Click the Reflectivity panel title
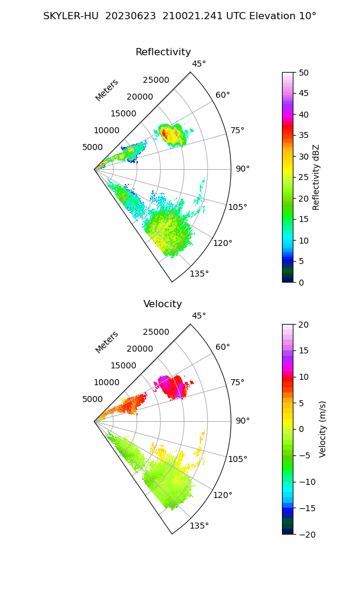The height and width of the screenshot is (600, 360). [x=163, y=52]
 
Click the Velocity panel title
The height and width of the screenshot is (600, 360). [x=163, y=304]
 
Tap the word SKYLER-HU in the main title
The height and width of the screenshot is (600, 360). [x=71, y=16]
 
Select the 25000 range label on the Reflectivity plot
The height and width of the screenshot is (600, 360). [x=156, y=80]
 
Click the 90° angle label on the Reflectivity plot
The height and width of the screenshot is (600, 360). [x=242, y=169]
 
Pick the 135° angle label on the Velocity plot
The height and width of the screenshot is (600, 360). [x=199, y=526]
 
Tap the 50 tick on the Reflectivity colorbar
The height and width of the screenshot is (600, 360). [x=304, y=73]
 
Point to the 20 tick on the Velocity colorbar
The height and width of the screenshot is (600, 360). [x=304, y=325]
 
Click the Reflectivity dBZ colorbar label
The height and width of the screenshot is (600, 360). [x=316, y=177]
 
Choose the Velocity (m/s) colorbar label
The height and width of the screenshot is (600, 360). [x=322, y=429]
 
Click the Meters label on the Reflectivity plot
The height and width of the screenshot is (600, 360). [x=107, y=90]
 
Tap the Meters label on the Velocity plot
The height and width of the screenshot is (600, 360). [x=107, y=342]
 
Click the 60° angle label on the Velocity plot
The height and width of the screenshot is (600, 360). [x=223, y=347]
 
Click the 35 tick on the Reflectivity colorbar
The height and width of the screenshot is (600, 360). [x=304, y=136]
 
